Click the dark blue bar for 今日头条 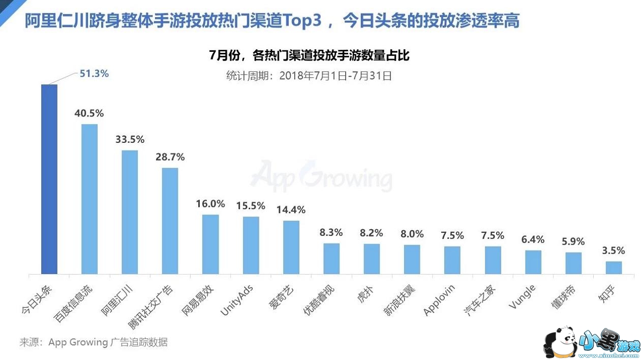pyautogui.click(x=49, y=179)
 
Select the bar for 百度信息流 pyautogui.click(x=89, y=199)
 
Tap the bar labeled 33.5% pyautogui.click(x=130, y=212)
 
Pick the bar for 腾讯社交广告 pyautogui.click(x=170, y=221)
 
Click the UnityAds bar pyautogui.click(x=251, y=245)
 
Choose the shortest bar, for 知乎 pyautogui.click(x=614, y=267)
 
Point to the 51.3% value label pyautogui.click(x=94, y=74)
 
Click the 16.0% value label pyautogui.click(x=210, y=204)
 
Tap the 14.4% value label pyautogui.click(x=291, y=209)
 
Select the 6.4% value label pyautogui.click(x=533, y=239)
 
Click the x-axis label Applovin pyautogui.click(x=440, y=301)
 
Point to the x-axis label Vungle pyautogui.click(x=522, y=297)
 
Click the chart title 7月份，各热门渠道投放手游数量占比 pyautogui.click(x=309, y=56)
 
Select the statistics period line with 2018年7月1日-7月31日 pyautogui.click(x=309, y=76)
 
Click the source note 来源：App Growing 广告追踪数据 pyautogui.click(x=94, y=342)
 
